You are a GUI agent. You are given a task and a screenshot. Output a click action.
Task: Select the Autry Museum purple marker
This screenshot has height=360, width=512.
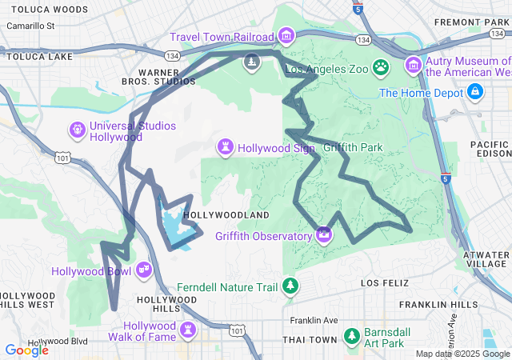tap(414, 64)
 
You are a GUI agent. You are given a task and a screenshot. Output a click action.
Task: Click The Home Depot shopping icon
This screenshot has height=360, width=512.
tap(475, 93)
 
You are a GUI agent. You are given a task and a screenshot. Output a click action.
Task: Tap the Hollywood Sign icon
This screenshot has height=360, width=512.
tap(227, 147)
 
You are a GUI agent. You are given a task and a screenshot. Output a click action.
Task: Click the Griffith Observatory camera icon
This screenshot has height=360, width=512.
tap(324, 234)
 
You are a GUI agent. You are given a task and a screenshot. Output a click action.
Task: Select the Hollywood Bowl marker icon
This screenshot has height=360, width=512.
tap(145, 270)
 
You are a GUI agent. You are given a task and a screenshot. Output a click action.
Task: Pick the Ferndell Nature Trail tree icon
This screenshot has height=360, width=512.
tap(291, 286)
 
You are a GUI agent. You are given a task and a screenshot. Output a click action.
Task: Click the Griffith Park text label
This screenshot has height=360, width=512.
tap(354, 147)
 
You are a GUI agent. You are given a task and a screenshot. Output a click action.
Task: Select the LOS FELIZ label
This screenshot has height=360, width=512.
tap(385, 283)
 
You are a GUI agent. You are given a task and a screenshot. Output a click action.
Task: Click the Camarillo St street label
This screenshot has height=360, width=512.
tap(30, 26)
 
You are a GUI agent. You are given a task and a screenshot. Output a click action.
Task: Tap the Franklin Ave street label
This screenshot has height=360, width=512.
tap(314, 320)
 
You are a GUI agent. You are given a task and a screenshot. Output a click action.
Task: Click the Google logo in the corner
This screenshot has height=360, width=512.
tap(26, 350)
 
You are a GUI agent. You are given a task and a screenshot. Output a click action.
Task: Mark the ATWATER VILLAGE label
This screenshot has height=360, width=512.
tap(486, 258)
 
